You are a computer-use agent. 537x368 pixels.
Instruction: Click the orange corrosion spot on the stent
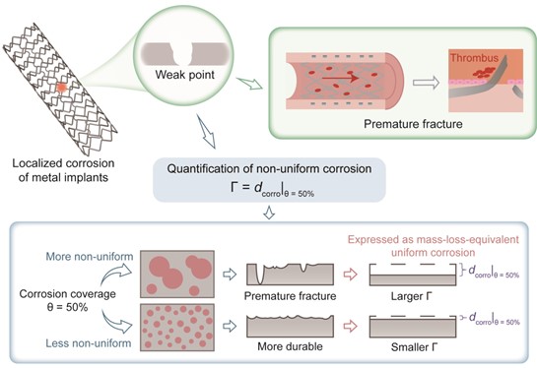(x=62, y=88)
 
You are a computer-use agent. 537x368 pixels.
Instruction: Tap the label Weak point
(x=185, y=75)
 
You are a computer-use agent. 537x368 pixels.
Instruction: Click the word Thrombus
(x=474, y=58)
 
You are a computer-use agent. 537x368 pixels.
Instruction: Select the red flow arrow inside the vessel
(x=340, y=79)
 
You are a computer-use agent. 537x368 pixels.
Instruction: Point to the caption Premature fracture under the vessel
(x=413, y=124)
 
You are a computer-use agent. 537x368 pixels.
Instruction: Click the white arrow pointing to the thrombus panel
(x=426, y=83)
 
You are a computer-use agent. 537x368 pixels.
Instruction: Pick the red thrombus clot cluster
(x=484, y=72)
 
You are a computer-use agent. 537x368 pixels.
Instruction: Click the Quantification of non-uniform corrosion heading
(x=269, y=168)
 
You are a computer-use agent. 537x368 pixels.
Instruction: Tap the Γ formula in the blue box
(x=272, y=189)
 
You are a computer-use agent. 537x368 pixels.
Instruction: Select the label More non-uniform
(x=90, y=257)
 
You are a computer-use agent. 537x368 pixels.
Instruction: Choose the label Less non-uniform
(x=89, y=343)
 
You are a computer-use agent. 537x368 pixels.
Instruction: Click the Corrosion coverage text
(x=67, y=294)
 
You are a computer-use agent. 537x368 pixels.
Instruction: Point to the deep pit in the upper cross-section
(x=259, y=276)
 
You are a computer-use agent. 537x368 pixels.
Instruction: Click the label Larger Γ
(x=411, y=296)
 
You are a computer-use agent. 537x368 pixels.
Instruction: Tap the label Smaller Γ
(x=414, y=347)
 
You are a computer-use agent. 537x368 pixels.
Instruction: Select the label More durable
(x=290, y=346)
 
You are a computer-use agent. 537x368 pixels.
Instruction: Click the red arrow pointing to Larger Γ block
(x=351, y=274)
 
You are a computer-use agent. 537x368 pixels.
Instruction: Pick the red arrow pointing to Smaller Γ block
(x=351, y=326)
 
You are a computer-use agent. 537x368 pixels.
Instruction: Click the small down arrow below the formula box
(x=269, y=213)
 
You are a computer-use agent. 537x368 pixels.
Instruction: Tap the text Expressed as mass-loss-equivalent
(x=434, y=239)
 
